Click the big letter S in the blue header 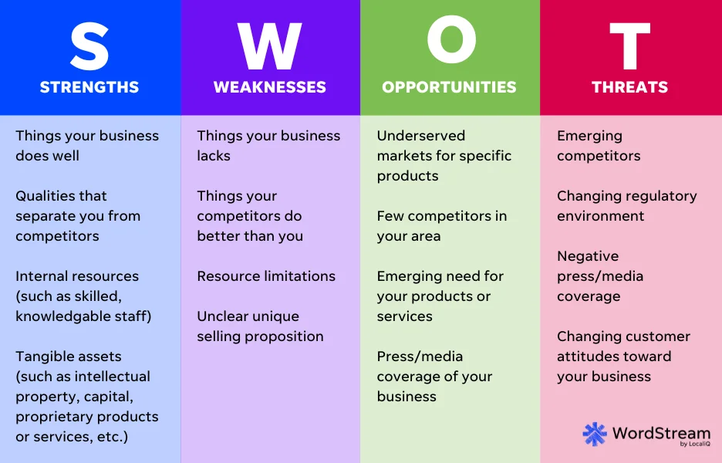click(x=89, y=46)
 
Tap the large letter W click(x=270, y=46)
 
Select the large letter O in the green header click(x=450, y=44)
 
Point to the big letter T click(x=630, y=46)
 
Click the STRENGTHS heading click(x=89, y=86)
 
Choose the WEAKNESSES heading click(x=270, y=86)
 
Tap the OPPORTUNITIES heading click(x=450, y=86)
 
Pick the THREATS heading click(x=630, y=86)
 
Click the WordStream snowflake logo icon click(x=595, y=434)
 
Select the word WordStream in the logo click(x=661, y=432)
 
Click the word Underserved click(x=421, y=136)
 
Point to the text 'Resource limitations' click(x=266, y=276)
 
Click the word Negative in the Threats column click(x=588, y=256)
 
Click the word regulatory click(x=658, y=196)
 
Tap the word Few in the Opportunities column click(x=390, y=216)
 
